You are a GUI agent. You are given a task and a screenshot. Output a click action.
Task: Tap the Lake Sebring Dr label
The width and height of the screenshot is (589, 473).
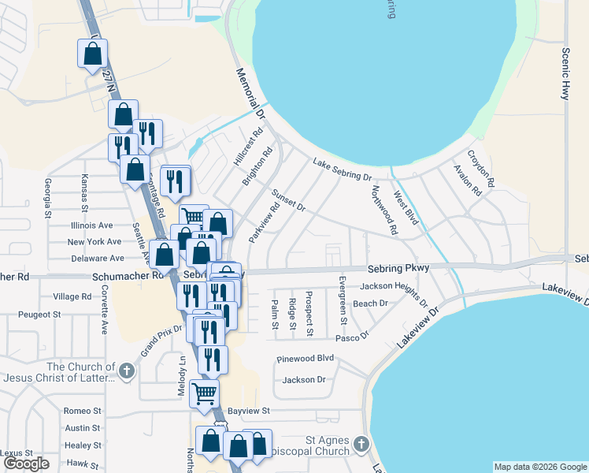[342, 169]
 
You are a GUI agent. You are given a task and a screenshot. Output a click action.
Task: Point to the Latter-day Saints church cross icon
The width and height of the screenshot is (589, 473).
[126, 370]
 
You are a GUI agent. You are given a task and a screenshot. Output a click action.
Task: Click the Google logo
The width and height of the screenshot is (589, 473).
[27, 464]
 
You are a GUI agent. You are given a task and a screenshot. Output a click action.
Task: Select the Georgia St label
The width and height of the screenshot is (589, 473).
[49, 198]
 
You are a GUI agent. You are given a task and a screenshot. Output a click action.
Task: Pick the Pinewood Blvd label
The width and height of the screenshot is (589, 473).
[306, 359]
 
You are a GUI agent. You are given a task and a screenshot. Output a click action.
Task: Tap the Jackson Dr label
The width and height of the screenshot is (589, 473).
[304, 380]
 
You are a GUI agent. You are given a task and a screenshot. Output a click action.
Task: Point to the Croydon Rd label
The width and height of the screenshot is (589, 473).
[480, 169]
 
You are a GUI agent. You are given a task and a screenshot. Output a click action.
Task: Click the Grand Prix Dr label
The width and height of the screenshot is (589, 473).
[161, 339]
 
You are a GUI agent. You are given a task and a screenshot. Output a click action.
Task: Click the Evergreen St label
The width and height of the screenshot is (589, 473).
[343, 300]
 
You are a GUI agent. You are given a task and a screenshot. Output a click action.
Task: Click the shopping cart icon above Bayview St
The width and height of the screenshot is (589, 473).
[204, 393]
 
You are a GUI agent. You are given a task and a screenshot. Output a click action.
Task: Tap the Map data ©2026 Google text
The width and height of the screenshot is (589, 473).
[540, 467]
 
